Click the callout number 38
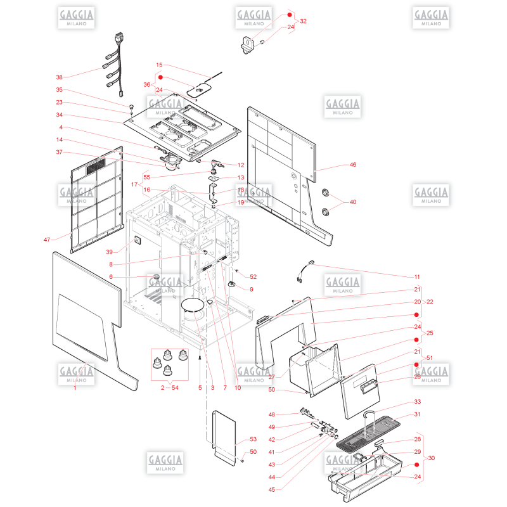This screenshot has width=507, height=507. [x=60, y=77]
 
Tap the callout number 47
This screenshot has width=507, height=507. [x=47, y=240]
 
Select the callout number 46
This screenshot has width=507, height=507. [x=353, y=165]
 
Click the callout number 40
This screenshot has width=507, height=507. [x=353, y=202]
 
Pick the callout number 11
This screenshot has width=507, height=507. [x=417, y=277]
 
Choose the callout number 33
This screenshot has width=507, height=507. [x=417, y=402]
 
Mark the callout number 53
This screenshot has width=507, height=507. [x=253, y=439]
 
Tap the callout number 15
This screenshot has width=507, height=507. [x=159, y=65]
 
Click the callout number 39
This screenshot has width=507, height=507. [x=109, y=252]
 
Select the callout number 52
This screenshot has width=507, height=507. [x=253, y=277]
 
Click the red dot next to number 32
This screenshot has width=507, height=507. [x=289, y=14]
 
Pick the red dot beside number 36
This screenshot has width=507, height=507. [x=151, y=77]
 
